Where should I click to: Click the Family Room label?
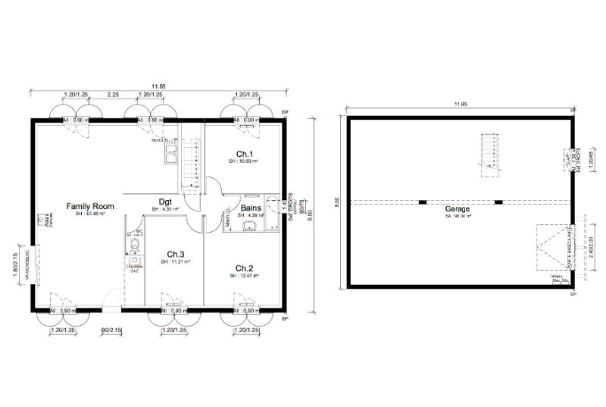(x=89, y=206)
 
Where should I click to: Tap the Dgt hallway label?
(x=164, y=201)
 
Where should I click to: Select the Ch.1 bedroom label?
(x=244, y=154)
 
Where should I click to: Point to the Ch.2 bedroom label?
(x=244, y=268)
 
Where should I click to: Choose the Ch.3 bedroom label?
(x=176, y=254)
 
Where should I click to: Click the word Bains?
(x=251, y=208)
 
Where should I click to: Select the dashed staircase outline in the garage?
(x=492, y=155)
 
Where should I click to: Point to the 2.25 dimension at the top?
(x=112, y=95)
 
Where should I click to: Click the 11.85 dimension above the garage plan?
(x=460, y=104)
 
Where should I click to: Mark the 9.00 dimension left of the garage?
(x=336, y=202)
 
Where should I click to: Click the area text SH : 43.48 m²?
(x=89, y=214)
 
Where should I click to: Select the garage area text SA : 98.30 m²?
(x=458, y=216)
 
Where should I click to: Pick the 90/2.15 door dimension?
(x=111, y=330)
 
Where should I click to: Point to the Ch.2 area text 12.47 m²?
(x=244, y=277)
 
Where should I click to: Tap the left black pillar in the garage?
(x=422, y=202)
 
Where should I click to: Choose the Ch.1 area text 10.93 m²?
(x=244, y=161)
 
